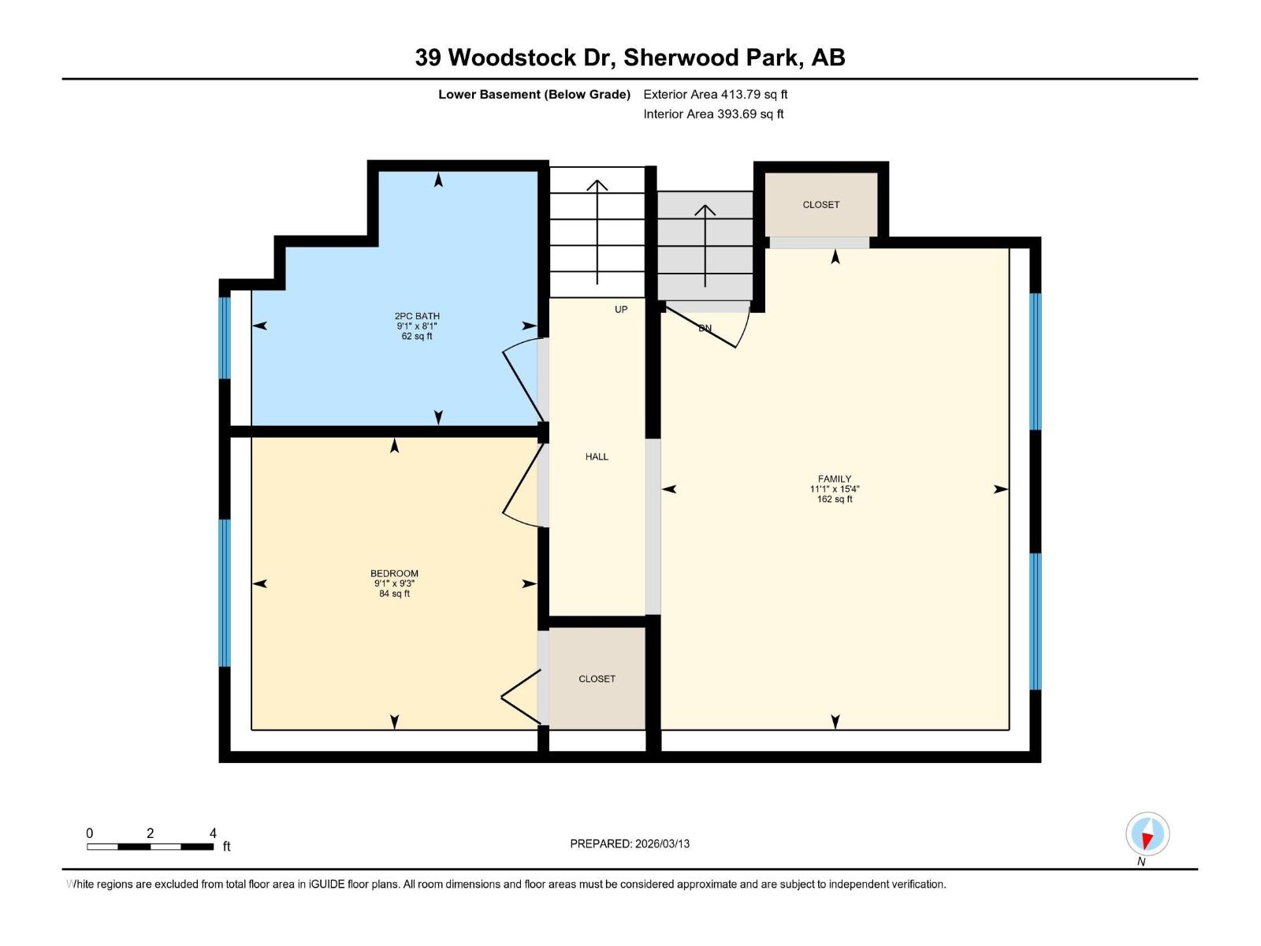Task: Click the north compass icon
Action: click(1148, 834)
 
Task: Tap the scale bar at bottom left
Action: click(150, 846)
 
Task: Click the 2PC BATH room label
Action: click(417, 317)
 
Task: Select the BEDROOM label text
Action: click(394, 574)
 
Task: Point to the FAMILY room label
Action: click(835, 479)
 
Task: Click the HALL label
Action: click(597, 457)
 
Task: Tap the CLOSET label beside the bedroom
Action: click(597, 679)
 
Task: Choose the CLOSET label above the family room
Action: click(821, 205)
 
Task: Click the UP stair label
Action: click(621, 310)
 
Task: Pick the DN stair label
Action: click(705, 329)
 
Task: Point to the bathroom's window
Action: click(225, 337)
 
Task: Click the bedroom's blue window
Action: click(225, 593)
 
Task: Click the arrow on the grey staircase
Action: click(705, 244)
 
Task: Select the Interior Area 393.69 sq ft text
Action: click(713, 114)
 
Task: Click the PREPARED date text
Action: click(630, 844)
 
